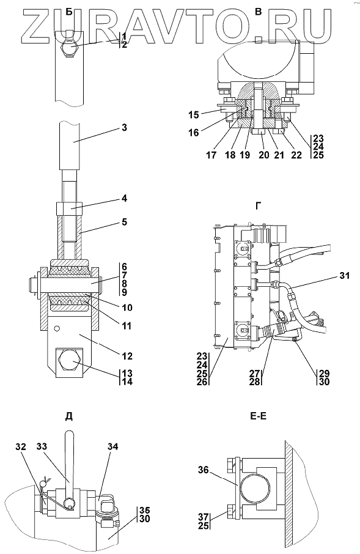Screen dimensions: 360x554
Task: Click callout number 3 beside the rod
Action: pos(123,128)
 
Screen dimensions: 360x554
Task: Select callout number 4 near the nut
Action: pos(123,199)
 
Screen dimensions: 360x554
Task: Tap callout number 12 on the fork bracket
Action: pos(128,356)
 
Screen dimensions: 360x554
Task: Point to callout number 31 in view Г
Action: pos(343,275)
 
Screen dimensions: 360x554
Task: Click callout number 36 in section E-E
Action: pos(204,470)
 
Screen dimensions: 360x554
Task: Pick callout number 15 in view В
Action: pos(194,115)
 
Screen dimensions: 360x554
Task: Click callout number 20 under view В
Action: pos(264,155)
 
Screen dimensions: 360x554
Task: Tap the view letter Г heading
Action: pos(259,206)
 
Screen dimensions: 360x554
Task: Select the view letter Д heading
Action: pos(69,416)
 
